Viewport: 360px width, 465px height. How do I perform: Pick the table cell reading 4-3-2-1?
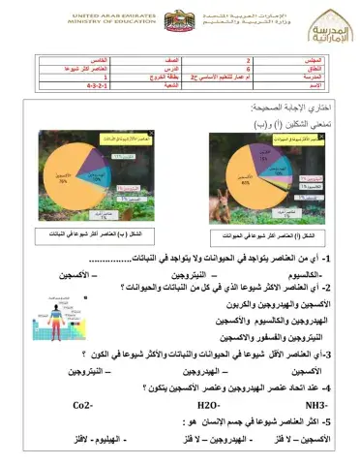(x=100, y=86)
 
